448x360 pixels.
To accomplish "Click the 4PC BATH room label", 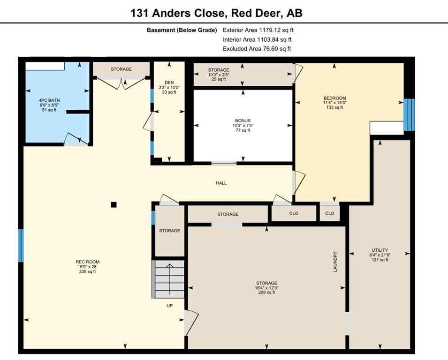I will [49, 100].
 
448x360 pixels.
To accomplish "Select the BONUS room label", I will [243, 120].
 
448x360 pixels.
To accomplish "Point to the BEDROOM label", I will [334, 98].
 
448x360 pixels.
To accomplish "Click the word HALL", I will [221, 183].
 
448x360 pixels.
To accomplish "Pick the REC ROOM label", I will [87, 262].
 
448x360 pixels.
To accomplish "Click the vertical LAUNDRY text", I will [335, 262].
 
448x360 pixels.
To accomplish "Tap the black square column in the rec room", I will [114, 204].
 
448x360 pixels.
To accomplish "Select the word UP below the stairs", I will [170, 305].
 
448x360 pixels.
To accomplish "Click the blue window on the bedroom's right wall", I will [409, 114].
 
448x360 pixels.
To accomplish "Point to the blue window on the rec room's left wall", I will [21, 245].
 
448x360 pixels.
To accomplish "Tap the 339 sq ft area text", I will [87, 272].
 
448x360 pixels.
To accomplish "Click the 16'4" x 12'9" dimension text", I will [266, 288].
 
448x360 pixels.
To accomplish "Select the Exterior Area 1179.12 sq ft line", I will [258, 30].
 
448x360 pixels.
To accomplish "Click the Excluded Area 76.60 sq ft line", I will [257, 49].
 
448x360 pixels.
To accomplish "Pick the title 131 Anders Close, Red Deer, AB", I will [216, 13].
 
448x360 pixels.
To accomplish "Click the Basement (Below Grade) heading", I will [182, 30].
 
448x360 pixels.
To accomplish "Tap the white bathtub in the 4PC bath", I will [45, 66].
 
